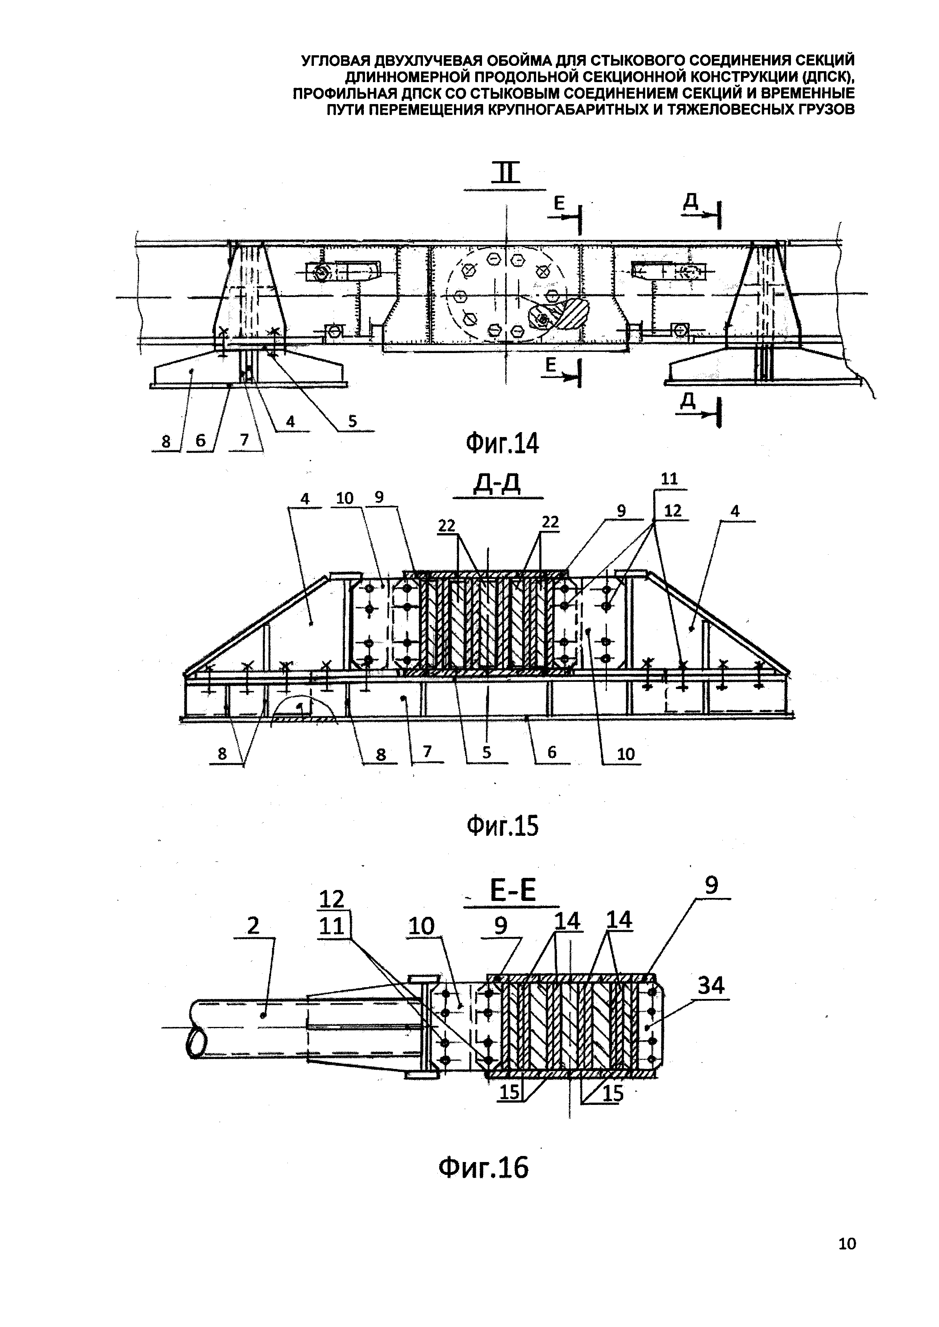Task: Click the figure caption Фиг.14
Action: (x=502, y=444)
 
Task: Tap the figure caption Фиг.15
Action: (x=502, y=826)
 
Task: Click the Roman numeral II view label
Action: (x=505, y=173)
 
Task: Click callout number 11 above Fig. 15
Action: (x=669, y=479)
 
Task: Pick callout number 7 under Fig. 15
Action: (x=427, y=751)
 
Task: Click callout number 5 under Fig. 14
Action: (x=352, y=422)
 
